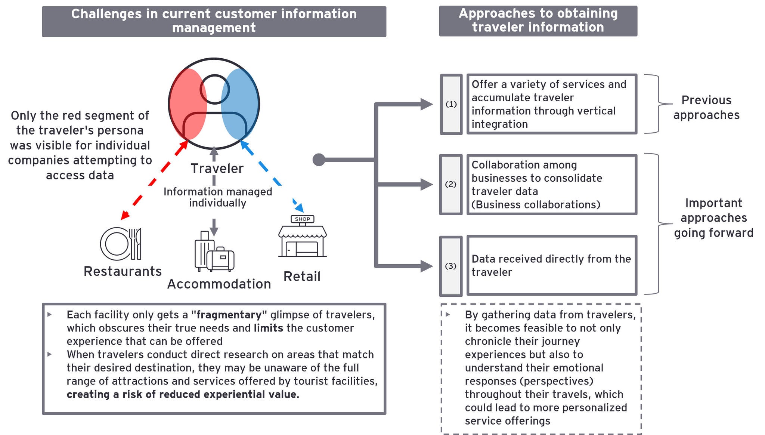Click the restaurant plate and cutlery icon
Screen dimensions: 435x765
pyautogui.click(x=121, y=244)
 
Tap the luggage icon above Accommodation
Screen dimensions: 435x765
pyautogui.click(x=214, y=252)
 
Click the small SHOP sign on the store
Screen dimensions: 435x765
pyautogui.click(x=302, y=219)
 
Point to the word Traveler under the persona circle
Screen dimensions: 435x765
pyautogui.click(x=217, y=169)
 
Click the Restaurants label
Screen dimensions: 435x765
pyautogui.click(x=123, y=271)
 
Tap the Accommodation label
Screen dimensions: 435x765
pyautogui.click(x=219, y=284)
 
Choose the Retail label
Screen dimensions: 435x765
pyautogui.click(x=302, y=277)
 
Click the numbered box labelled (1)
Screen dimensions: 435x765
pyautogui.click(x=451, y=104)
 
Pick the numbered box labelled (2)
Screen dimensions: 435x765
pyautogui.click(x=451, y=185)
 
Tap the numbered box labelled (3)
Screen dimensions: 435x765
pyautogui.click(x=451, y=266)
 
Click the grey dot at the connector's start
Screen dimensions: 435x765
pyautogui.click(x=319, y=160)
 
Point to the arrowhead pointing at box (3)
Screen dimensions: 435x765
pyautogui.click(x=426, y=266)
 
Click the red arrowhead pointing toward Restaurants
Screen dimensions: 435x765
pyautogui.click(x=125, y=215)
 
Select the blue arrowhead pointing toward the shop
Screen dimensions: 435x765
pyautogui.click(x=299, y=208)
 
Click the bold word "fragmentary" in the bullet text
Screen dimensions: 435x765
pyautogui.click(x=229, y=315)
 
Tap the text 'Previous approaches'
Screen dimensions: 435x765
pyautogui.click(x=706, y=108)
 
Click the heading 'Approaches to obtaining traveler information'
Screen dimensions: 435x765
pyautogui.click(x=538, y=21)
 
